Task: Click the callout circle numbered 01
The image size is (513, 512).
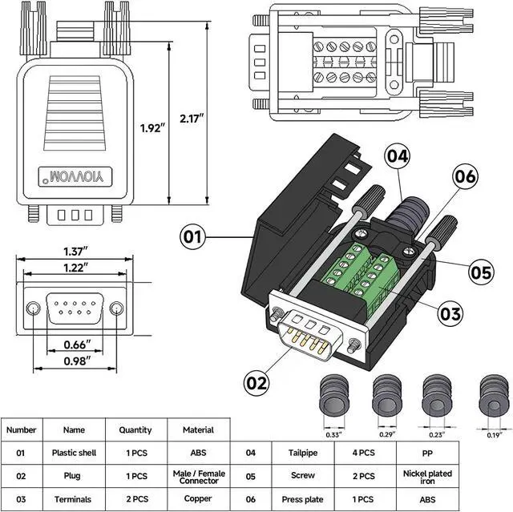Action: click(192, 236)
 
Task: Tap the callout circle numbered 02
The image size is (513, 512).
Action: click(256, 383)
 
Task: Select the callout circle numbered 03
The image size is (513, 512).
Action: click(450, 313)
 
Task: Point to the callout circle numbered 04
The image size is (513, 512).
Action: click(398, 156)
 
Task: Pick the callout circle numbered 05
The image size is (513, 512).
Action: click(481, 272)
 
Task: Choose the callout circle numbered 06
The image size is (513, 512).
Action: click(465, 176)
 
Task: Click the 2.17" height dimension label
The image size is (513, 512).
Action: click(192, 119)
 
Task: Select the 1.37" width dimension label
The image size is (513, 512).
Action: click(75, 252)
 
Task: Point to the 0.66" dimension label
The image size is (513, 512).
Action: click(77, 345)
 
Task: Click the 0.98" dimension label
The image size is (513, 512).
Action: click(77, 361)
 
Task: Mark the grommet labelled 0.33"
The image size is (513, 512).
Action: click(333, 395)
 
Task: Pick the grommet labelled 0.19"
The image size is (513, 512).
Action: click(494, 395)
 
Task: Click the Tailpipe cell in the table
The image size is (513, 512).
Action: click(303, 453)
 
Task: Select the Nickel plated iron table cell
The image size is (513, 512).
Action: click(427, 477)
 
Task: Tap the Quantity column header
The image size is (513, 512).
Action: click(135, 429)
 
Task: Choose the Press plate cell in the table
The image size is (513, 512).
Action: click(303, 499)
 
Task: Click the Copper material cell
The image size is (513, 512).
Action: click(198, 498)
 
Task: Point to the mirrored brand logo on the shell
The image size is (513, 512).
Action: click(75, 177)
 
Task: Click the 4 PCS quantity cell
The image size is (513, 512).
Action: click(364, 453)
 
